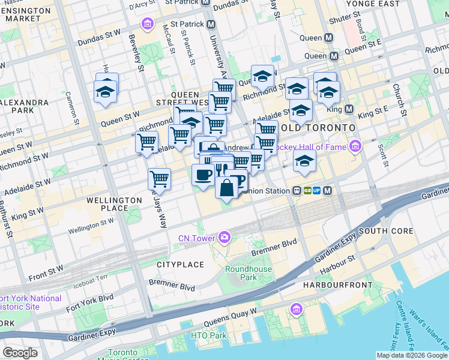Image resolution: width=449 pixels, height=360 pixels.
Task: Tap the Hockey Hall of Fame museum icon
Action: pyautogui.click(x=355, y=146)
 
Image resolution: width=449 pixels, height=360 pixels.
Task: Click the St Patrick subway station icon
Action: pyautogui.click(x=211, y=25)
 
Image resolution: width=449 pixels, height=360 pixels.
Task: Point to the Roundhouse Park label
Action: pyautogui.click(x=249, y=274)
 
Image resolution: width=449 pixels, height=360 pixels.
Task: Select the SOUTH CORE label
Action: pyautogui.click(x=386, y=231)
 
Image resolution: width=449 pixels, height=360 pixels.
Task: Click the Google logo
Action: pyautogui.click(x=20, y=353)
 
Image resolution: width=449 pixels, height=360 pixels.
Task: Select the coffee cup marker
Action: pyautogui.click(x=202, y=175)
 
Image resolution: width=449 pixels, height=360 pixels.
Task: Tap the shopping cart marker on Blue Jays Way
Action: pyautogui.click(x=159, y=179)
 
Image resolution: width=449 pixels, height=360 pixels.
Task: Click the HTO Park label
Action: pyautogui.click(x=209, y=335)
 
